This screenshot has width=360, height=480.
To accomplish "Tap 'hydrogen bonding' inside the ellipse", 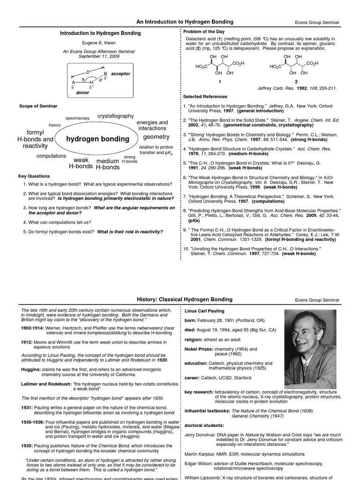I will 97,139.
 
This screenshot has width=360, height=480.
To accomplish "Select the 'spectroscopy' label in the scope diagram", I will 78,118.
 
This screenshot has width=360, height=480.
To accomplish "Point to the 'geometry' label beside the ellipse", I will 156,136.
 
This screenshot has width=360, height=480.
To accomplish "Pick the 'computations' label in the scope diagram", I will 52,156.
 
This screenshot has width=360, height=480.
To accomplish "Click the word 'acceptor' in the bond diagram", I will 120,74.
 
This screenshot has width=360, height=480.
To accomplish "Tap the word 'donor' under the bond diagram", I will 82,93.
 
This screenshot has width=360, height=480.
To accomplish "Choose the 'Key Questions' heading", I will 34,176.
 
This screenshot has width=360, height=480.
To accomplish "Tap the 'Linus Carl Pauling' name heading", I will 204,311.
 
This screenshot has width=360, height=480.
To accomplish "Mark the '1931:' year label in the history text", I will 26,408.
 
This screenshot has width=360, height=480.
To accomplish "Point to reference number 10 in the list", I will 186,248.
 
